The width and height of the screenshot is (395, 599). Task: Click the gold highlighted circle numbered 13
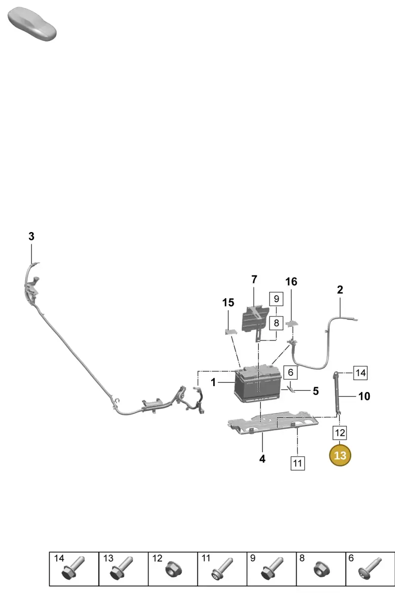pos(340,455)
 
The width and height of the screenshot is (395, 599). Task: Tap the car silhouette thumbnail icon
pos(32,24)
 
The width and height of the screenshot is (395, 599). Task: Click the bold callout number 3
pos(31,237)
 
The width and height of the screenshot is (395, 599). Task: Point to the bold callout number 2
pos(340,289)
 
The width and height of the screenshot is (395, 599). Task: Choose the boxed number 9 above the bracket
pos(276,299)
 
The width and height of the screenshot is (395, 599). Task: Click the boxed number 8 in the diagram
pos(276,323)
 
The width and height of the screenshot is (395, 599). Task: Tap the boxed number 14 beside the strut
pos(360,373)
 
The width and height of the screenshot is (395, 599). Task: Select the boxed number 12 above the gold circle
pos(340,433)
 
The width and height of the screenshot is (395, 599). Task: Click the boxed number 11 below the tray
pos(298,463)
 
